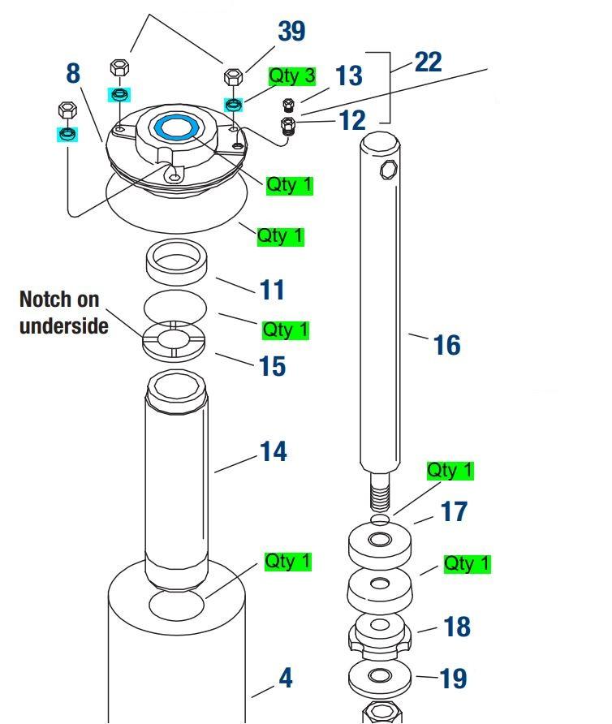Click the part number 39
(x=291, y=31)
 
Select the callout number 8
(x=73, y=73)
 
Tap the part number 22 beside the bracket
(x=428, y=62)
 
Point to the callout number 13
(x=348, y=76)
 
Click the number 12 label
(x=352, y=120)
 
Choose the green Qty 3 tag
(x=292, y=76)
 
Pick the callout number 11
(x=273, y=289)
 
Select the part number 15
(x=273, y=366)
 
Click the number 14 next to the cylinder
(x=274, y=451)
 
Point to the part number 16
(x=446, y=345)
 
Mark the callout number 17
(x=454, y=511)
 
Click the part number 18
(x=458, y=627)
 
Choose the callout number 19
(x=455, y=678)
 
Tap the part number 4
(x=285, y=678)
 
